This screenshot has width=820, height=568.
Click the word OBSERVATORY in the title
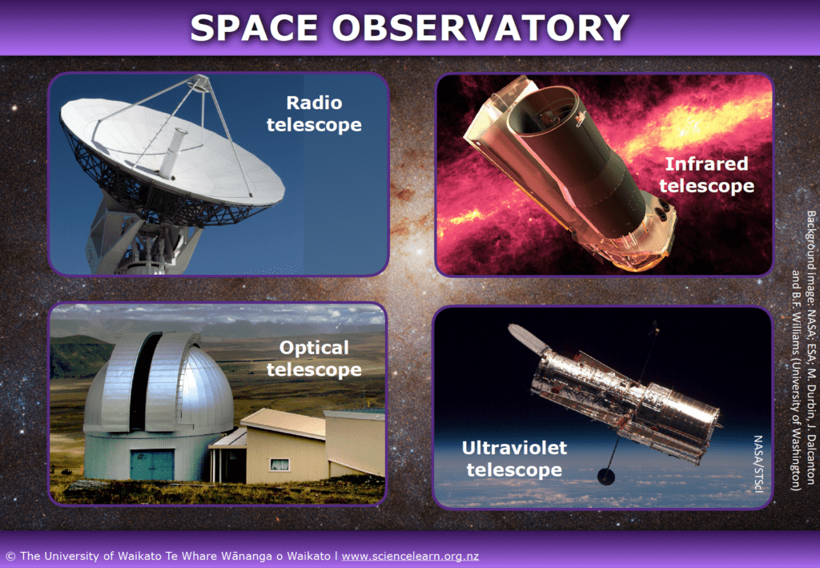480,28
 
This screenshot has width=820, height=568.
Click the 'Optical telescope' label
314,359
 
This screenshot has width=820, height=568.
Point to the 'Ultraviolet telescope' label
513,458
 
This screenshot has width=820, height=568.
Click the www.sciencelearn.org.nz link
410,555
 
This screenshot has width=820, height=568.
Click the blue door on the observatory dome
151,464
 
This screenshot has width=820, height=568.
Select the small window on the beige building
279,464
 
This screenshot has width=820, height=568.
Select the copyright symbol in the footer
10,555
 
